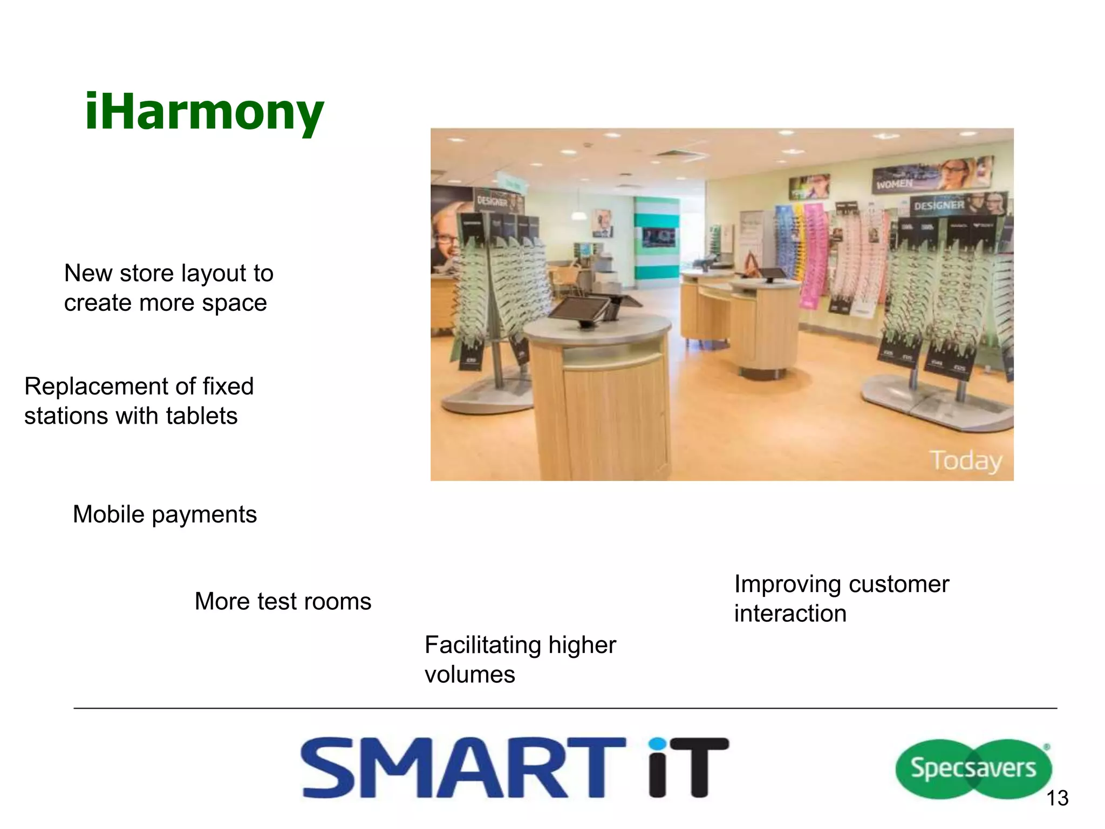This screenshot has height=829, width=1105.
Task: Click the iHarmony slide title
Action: tap(204, 112)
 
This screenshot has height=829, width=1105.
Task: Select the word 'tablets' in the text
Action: tap(202, 416)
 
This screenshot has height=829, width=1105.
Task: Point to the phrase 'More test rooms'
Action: tap(283, 601)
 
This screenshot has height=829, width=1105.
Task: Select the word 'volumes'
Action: tap(469, 675)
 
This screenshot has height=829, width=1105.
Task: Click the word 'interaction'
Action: tap(790, 614)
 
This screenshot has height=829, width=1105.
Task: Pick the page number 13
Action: tap(1057, 798)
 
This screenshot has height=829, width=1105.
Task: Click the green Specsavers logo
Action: tap(973, 769)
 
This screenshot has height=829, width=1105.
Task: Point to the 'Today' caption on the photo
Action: tap(966, 460)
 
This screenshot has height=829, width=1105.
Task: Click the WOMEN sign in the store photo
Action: tap(895, 184)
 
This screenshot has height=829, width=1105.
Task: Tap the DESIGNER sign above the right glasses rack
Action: tap(939, 205)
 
